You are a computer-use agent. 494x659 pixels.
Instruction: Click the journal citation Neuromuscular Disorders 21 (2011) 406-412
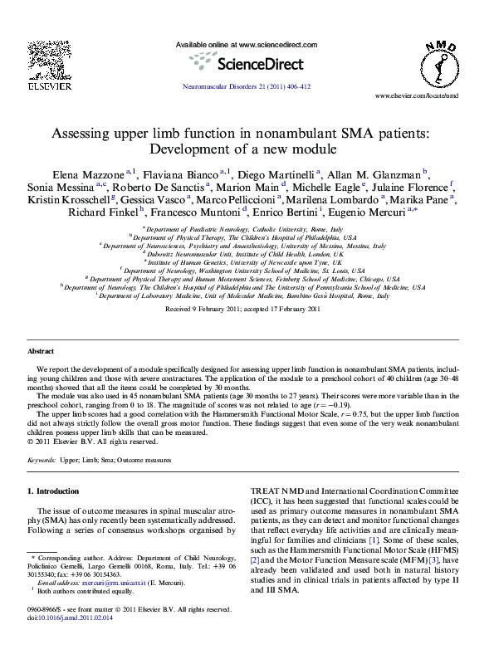pos(246,86)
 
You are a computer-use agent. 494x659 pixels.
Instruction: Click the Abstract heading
pos(41,352)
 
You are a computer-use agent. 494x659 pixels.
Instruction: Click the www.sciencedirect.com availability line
pos(247,44)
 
